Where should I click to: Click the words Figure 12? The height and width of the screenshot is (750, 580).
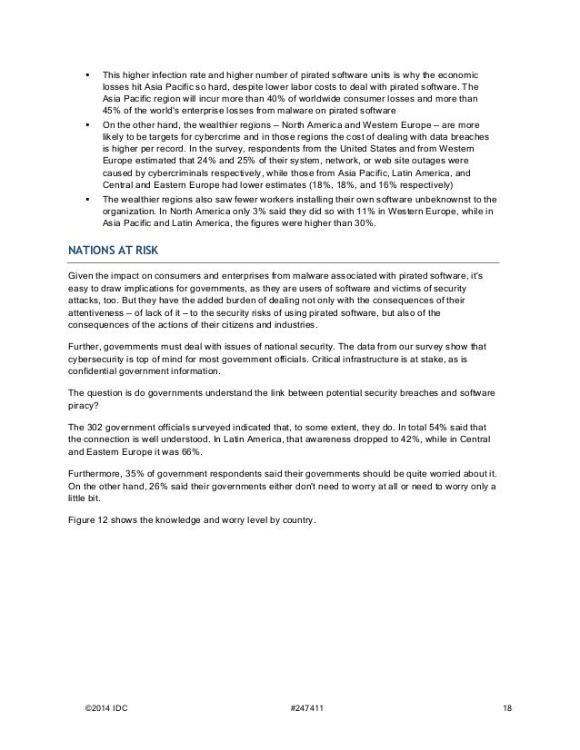(x=92, y=519)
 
